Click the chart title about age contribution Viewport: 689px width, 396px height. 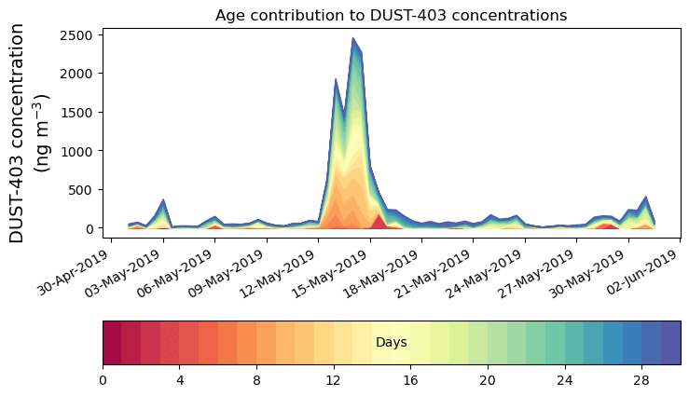click(x=391, y=15)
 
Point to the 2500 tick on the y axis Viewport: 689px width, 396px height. click(x=80, y=34)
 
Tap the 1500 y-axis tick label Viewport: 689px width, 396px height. click(x=80, y=113)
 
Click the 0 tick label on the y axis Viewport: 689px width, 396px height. click(x=91, y=228)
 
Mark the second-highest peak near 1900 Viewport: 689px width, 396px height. click(x=336, y=80)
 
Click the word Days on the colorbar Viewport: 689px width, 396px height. click(x=391, y=343)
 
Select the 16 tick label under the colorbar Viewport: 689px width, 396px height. click(x=410, y=380)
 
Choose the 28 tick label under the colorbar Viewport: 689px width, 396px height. click(x=641, y=380)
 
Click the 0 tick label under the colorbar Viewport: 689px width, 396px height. click(x=103, y=380)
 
